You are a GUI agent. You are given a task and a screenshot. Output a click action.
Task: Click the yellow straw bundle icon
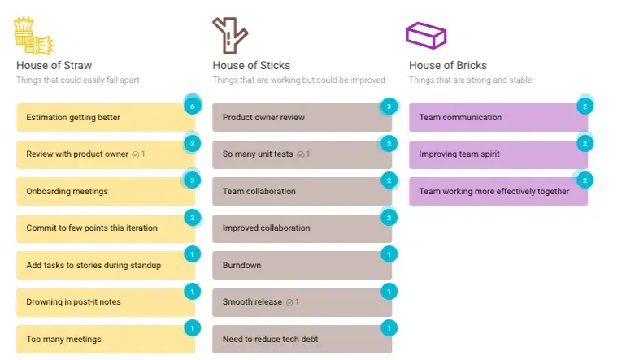pyautogui.click(x=33, y=36)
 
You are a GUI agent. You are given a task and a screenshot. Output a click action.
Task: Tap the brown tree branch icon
pyautogui.click(x=230, y=36)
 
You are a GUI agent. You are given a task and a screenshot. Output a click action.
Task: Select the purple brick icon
pyautogui.click(x=426, y=36)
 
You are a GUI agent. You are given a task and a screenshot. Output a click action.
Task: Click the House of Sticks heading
pyautogui.click(x=251, y=65)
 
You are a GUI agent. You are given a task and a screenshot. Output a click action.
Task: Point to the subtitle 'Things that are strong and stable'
pyautogui.click(x=470, y=80)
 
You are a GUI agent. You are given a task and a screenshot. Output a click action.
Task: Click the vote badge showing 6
pyautogui.click(x=192, y=106)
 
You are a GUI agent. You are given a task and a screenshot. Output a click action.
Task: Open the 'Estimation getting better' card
pyautogui.click(x=106, y=117)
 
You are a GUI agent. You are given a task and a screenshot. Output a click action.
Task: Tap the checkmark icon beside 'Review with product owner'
pyautogui.click(x=136, y=154)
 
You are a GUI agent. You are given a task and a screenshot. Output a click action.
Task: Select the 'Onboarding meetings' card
pyautogui.click(x=106, y=191)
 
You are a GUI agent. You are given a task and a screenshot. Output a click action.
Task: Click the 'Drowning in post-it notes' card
pyautogui.click(x=106, y=302)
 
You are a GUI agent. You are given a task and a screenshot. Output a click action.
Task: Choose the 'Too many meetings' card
pyautogui.click(x=106, y=339)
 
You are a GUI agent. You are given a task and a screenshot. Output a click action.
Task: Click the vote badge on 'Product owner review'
pyautogui.click(x=389, y=106)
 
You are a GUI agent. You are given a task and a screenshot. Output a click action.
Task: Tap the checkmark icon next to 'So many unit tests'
pyautogui.click(x=301, y=154)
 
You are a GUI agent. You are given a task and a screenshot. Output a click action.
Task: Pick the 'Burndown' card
pyautogui.click(x=302, y=265)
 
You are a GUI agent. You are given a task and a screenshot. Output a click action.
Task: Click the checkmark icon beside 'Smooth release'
pyautogui.click(x=289, y=302)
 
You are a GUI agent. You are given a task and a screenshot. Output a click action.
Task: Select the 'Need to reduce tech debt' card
pyautogui.click(x=302, y=339)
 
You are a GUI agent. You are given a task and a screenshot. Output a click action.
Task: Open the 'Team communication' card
pyautogui.click(x=498, y=117)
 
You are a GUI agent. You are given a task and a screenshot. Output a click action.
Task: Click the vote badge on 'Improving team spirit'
pyautogui.click(x=585, y=144)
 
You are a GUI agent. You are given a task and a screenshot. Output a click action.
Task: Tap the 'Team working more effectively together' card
pyautogui.click(x=498, y=191)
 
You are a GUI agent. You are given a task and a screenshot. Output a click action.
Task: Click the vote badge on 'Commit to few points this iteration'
pyautogui.click(x=192, y=218)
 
